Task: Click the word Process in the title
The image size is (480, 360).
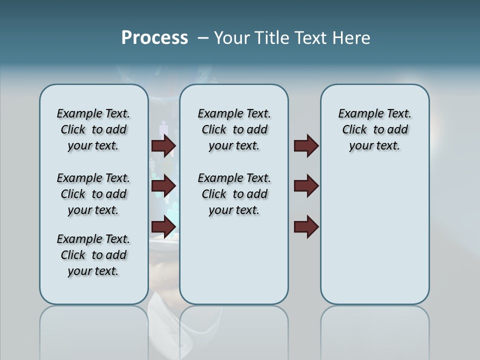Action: (x=154, y=38)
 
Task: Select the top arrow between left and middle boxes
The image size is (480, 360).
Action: (x=163, y=145)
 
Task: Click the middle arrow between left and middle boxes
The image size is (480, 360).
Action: (x=163, y=186)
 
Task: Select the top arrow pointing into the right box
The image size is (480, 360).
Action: (x=306, y=145)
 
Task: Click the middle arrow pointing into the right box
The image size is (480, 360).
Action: (x=306, y=186)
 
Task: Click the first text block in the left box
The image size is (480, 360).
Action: (x=93, y=129)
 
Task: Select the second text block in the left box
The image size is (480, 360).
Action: (x=93, y=194)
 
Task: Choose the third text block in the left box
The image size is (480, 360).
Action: (x=93, y=255)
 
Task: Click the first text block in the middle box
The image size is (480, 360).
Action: (x=234, y=129)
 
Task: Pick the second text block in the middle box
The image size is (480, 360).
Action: (x=234, y=194)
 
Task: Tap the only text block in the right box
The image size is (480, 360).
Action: (x=374, y=129)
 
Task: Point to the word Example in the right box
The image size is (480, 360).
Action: (x=358, y=114)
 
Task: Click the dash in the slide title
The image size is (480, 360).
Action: (x=203, y=38)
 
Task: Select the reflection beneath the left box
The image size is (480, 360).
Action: (x=93, y=330)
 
